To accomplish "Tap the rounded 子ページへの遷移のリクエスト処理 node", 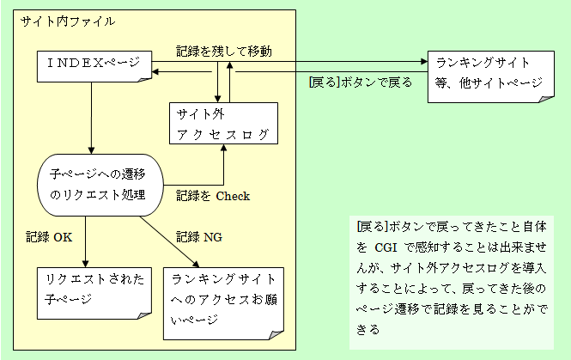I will (x=99, y=185).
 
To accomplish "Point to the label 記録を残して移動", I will (x=224, y=51).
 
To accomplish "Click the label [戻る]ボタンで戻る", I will (x=360, y=83).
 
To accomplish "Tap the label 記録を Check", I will (x=213, y=197).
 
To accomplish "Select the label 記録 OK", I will (x=49, y=236).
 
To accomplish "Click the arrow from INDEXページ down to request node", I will (x=90, y=120).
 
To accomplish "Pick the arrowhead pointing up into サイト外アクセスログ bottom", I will (x=224, y=149).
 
